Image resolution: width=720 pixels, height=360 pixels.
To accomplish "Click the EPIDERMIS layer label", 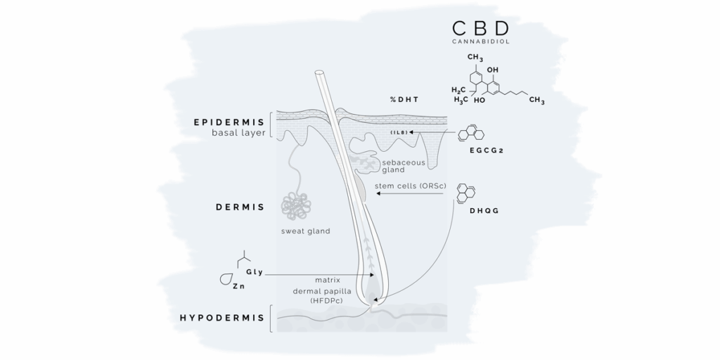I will click(x=229, y=122).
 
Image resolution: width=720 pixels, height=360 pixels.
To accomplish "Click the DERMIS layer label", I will click(x=240, y=207).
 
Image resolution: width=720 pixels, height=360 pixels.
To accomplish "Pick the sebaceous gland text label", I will click(x=399, y=166).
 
